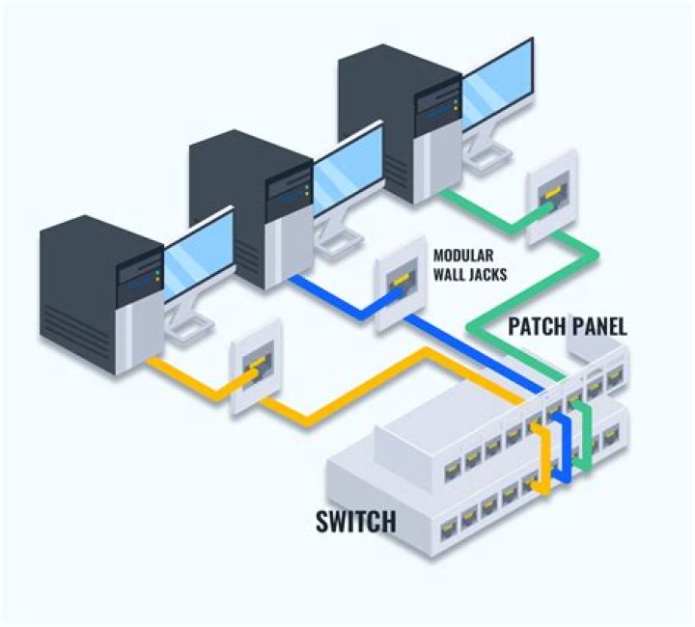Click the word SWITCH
[356, 522]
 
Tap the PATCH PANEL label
[568, 326]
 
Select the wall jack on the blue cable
[396, 282]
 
